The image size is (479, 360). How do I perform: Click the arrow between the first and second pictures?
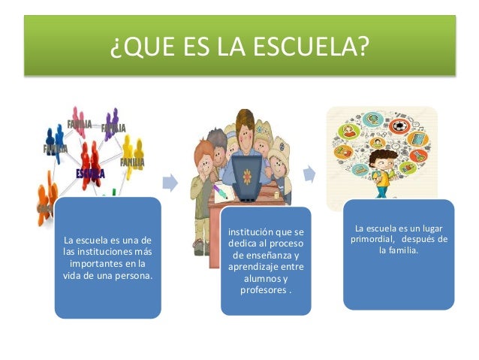click(x=171, y=181)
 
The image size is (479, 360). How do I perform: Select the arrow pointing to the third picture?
click(x=309, y=174)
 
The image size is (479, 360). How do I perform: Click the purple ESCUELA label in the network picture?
click(x=90, y=174)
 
